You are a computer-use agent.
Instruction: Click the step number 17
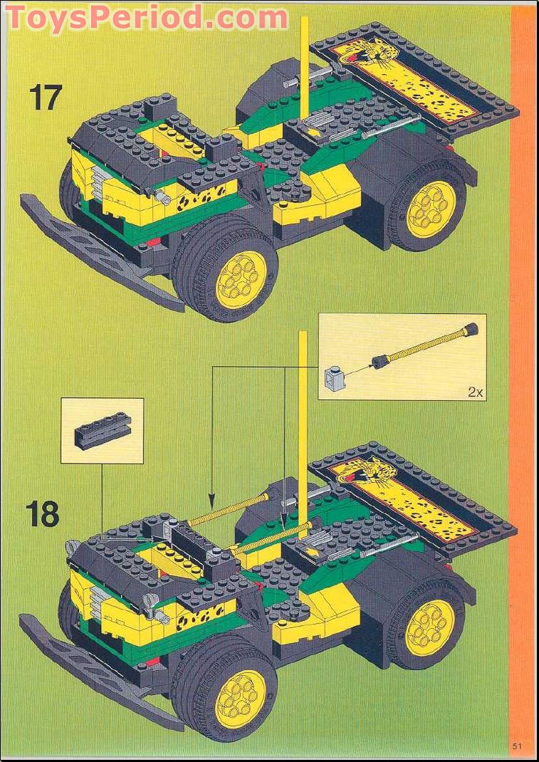click(46, 98)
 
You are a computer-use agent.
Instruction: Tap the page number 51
click(516, 745)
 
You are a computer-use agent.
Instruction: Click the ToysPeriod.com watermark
click(147, 18)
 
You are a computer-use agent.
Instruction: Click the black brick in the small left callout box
click(104, 430)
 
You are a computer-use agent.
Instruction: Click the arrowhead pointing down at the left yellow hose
click(211, 500)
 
